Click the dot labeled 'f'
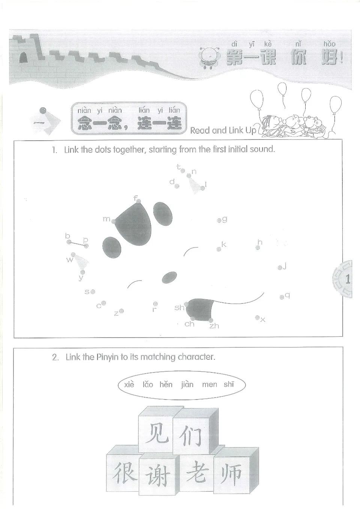[x=139, y=201]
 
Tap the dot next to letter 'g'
[x=219, y=221]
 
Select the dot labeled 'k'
[x=219, y=249]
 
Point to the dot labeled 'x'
[x=257, y=318]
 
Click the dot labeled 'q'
[x=282, y=297]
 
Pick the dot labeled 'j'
[x=280, y=268]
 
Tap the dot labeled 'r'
[x=155, y=304]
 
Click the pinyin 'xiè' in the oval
[x=129, y=384]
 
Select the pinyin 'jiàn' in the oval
[x=187, y=384]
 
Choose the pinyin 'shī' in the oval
[x=229, y=384]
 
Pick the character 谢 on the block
[x=157, y=476]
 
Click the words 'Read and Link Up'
[x=223, y=131]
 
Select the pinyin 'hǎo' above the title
[x=330, y=44]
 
